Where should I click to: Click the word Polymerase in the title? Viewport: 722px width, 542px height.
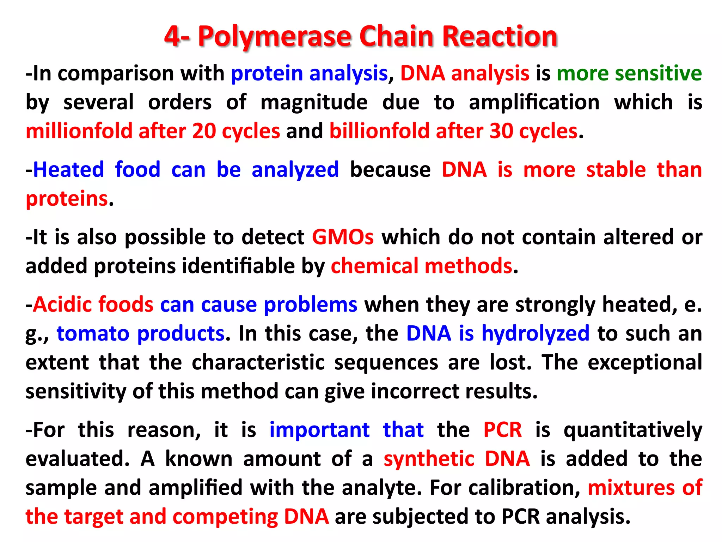click(275, 36)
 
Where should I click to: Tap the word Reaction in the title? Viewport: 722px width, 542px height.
click(500, 36)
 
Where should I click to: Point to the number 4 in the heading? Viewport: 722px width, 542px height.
click(173, 36)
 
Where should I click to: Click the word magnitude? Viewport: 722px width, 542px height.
click(314, 102)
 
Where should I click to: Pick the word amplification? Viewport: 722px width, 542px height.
click(534, 102)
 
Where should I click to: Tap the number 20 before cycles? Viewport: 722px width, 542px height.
click(204, 131)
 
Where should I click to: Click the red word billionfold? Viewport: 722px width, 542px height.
click(380, 131)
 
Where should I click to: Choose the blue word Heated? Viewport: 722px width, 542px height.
click(69, 170)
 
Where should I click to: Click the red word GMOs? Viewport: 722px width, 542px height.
click(343, 237)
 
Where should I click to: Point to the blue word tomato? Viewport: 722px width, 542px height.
click(93, 333)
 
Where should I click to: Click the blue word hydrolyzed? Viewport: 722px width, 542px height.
click(536, 333)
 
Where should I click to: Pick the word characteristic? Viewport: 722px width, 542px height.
click(258, 362)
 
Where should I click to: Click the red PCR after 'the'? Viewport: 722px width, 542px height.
click(502, 430)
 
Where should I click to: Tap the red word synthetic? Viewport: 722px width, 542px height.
click(429, 459)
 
